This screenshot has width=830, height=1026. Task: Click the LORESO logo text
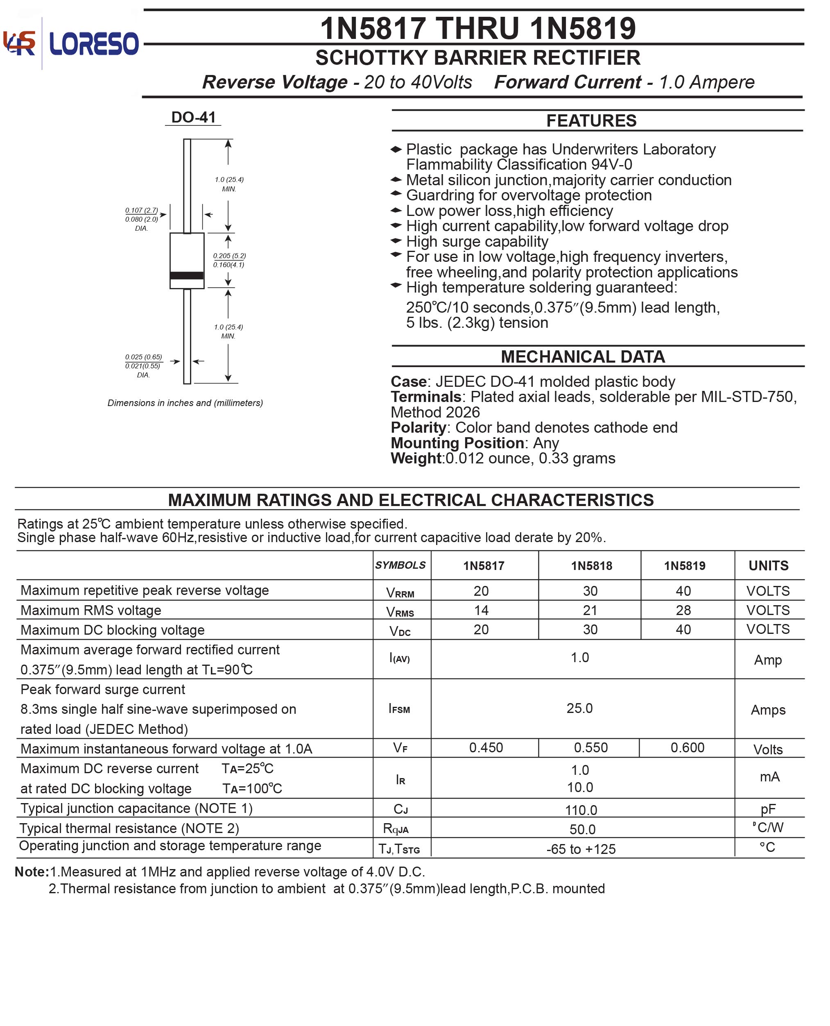click(94, 43)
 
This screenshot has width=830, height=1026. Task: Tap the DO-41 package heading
click(193, 117)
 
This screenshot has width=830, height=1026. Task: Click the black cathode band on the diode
click(187, 275)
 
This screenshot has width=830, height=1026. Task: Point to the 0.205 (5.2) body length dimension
click(229, 256)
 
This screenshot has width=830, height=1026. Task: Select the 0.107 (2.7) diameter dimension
click(142, 211)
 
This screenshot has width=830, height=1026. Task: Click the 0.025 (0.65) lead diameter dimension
click(143, 357)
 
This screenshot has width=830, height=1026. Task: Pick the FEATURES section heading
click(591, 120)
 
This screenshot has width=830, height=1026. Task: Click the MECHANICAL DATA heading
click(582, 357)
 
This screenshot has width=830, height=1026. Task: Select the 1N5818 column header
click(591, 566)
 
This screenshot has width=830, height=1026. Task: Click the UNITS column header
click(768, 566)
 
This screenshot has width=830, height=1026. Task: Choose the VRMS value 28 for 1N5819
click(683, 611)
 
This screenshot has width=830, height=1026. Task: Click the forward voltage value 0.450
click(486, 748)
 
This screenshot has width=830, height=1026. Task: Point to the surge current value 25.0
click(579, 708)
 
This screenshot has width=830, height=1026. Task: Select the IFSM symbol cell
click(400, 709)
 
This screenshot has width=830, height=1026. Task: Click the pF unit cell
click(768, 809)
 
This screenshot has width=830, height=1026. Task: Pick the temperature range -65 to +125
click(581, 849)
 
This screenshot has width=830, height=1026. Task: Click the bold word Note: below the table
click(32, 872)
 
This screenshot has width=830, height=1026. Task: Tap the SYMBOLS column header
click(400, 565)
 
